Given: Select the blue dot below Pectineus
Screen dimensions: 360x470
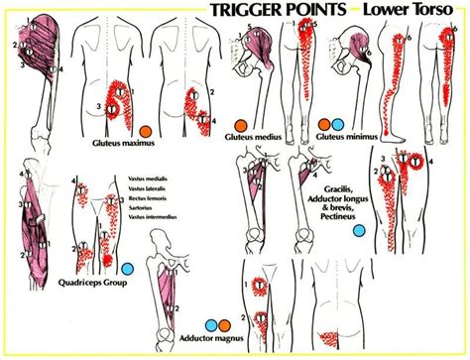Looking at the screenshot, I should tap(360, 229).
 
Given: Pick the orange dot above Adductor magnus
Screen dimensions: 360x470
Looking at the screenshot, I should tap(227, 322).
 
